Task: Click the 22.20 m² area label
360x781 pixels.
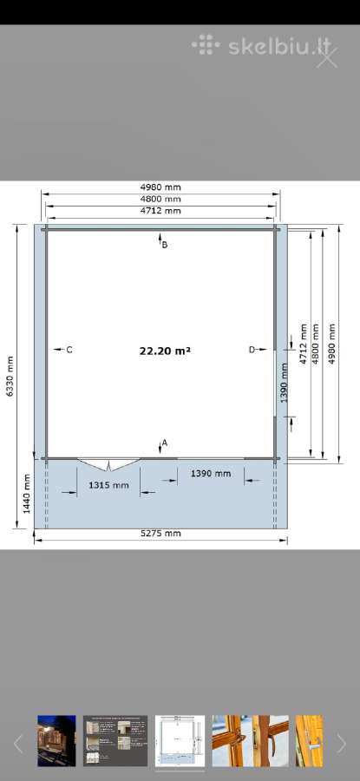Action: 165,351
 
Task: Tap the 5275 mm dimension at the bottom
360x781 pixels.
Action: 160,534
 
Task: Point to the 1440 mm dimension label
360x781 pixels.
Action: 26,494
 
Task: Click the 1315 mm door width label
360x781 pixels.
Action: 108,485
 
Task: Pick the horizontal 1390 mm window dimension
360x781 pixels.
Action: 211,473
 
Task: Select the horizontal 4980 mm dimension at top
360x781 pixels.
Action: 160,187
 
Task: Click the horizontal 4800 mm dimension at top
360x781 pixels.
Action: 160,199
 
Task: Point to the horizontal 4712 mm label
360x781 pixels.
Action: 160,210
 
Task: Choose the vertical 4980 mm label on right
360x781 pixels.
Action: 331,344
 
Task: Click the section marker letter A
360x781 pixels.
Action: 165,443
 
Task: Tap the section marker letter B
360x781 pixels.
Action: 165,245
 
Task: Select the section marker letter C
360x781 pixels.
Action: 69,350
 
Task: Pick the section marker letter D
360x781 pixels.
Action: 252,350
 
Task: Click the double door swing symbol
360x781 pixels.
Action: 108,465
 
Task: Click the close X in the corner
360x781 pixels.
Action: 327,57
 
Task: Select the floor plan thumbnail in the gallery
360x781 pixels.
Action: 180,741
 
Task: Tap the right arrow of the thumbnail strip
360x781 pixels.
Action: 341,744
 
